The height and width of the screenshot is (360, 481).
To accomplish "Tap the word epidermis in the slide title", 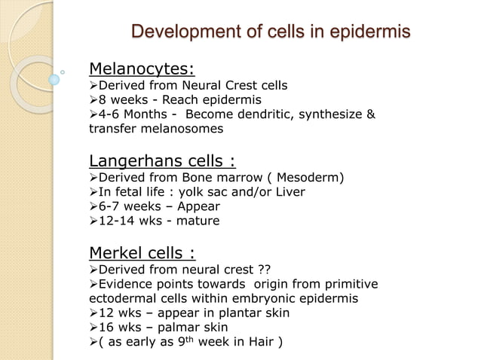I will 366,32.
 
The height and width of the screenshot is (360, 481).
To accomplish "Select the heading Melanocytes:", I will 142,69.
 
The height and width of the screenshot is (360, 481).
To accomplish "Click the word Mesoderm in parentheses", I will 311,177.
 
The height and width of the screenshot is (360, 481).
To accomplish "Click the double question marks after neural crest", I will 263,269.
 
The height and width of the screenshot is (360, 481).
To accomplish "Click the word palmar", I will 181,328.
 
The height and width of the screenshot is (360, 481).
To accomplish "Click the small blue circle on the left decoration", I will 54,78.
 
